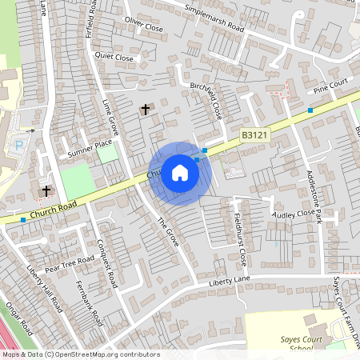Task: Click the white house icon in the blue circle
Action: [180, 172]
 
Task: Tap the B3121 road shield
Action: [254, 137]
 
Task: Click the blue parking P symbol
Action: [19, 146]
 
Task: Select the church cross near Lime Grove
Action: [146, 109]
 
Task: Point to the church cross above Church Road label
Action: [46, 191]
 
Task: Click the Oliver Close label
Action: [144, 26]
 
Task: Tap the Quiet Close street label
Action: [114, 58]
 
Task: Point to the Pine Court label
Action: [332, 84]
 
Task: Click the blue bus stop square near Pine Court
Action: [310, 110]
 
